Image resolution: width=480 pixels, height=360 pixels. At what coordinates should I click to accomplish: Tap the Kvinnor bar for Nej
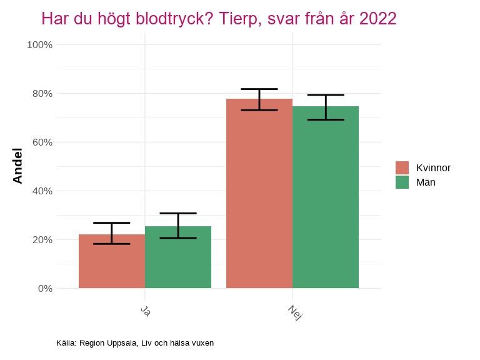[x=259, y=194]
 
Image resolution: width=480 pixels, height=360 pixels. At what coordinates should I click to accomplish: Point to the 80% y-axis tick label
[x=42, y=94]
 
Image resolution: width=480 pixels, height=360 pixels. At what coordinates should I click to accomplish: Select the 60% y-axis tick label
[x=42, y=142]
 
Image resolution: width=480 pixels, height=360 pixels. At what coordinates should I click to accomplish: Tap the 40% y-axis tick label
[x=42, y=191]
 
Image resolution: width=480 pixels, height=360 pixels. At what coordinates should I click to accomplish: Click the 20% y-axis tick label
[x=42, y=240]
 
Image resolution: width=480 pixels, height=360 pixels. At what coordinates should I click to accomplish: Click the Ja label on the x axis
[x=145, y=311]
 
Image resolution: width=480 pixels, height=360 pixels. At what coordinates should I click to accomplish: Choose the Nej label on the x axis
[x=295, y=312]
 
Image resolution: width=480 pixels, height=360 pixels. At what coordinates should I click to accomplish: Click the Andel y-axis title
[x=17, y=166]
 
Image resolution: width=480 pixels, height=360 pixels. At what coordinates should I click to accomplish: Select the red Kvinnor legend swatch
[x=402, y=167]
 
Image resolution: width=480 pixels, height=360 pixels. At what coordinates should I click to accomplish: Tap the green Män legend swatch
[x=402, y=182]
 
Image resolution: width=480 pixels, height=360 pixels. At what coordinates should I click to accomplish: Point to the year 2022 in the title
[x=377, y=19]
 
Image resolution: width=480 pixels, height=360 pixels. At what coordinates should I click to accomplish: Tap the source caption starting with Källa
[x=135, y=343]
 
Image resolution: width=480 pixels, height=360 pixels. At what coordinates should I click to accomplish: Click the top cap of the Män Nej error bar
[x=326, y=95]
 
